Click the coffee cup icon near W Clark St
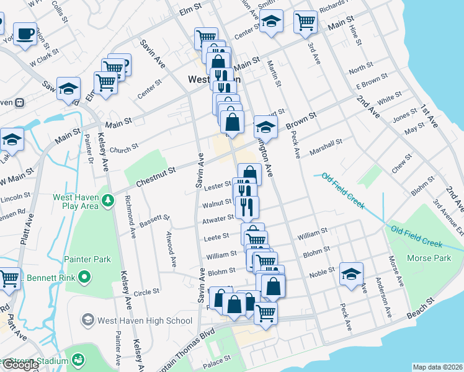(x=25, y=35)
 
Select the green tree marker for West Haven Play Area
(x=108, y=200)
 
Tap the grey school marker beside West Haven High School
(x=88, y=320)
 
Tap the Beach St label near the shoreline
(x=421, y=312)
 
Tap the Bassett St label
(x=155, y=219)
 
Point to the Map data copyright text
(x=437, y=367)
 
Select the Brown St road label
(x=301, y=121)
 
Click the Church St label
(x=124, y=149)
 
